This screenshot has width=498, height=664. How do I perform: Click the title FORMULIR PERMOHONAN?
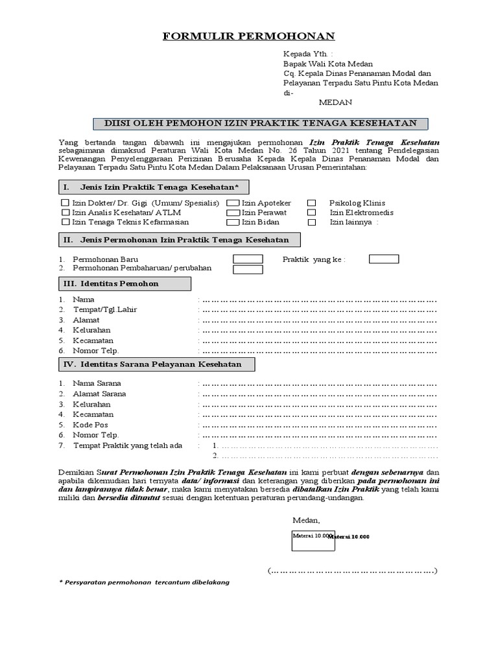[248, 36]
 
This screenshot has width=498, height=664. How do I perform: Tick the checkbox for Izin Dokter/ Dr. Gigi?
[65, 203]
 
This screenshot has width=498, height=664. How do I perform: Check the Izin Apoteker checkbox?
[232, 203]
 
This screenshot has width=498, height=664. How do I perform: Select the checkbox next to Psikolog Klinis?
[312, 203]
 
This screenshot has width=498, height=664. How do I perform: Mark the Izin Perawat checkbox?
[232, 213]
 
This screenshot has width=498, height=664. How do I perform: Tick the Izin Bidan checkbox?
[232, 222]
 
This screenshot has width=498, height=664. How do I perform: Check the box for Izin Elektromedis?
[312, 213]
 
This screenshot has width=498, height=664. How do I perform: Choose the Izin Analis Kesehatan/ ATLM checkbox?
[65, 213]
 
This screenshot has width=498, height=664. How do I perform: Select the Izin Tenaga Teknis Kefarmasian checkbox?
[65, 222]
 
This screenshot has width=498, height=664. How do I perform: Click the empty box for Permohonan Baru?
[248, 259]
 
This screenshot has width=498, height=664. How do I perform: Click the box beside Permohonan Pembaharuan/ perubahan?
[248, 269]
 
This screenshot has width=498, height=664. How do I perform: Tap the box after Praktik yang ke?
[384, 259]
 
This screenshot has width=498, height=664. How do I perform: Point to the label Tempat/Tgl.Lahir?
[104, 310]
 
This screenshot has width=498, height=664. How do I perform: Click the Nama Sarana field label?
[97, 383]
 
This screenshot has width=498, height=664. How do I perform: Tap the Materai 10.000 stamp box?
[313, 538]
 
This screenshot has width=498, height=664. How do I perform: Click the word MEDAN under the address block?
[335, 102]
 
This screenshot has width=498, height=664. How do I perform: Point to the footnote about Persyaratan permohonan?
[144, 582]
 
